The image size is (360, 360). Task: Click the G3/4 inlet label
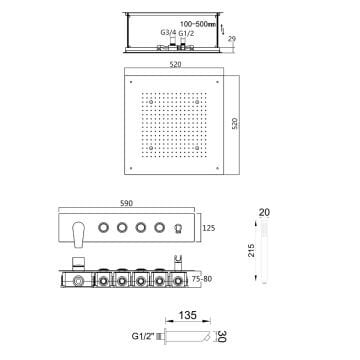click(169, 33)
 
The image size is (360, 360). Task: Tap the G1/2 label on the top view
click(186, 33)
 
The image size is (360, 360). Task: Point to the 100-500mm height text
click(198, 24)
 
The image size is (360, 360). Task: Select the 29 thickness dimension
click(232, 39)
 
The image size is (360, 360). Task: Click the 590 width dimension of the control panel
click(127, 203)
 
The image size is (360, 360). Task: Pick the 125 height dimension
click(209, 228)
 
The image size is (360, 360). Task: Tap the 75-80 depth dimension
click(202, 279)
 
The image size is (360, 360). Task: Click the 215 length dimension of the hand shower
click(252, 250)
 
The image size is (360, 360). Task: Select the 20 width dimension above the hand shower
click(264, 212)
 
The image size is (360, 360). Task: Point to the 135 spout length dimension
click(188, 315)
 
